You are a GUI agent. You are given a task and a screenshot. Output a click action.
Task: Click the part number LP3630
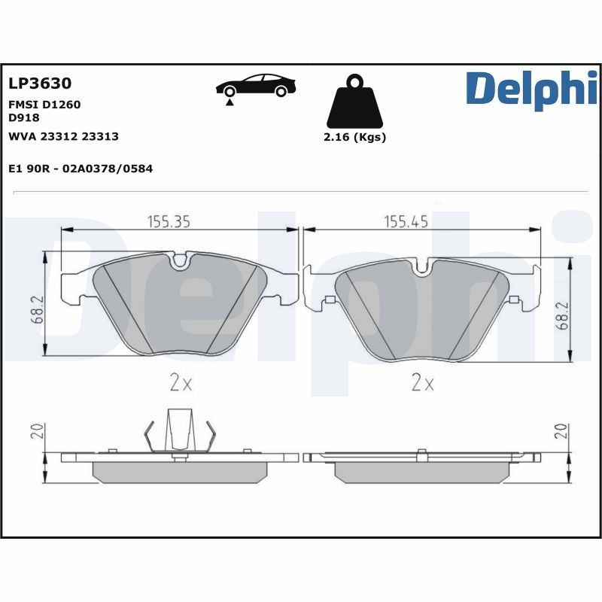(39, 84)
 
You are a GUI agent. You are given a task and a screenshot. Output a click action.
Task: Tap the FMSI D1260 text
(44, 105)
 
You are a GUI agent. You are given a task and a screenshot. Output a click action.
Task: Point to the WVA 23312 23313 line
(63, 136)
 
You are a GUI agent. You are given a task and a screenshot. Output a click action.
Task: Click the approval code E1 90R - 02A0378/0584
(80, 169)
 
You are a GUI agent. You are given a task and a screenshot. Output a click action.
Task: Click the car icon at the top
(255, 86)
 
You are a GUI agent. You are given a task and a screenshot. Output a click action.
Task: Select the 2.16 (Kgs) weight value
(354, 138)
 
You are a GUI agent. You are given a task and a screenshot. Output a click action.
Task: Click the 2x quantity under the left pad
(181, 383)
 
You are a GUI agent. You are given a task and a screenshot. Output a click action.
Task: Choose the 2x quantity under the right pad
(423, 383)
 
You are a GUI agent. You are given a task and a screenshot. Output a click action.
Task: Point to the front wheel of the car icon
(281, 91)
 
